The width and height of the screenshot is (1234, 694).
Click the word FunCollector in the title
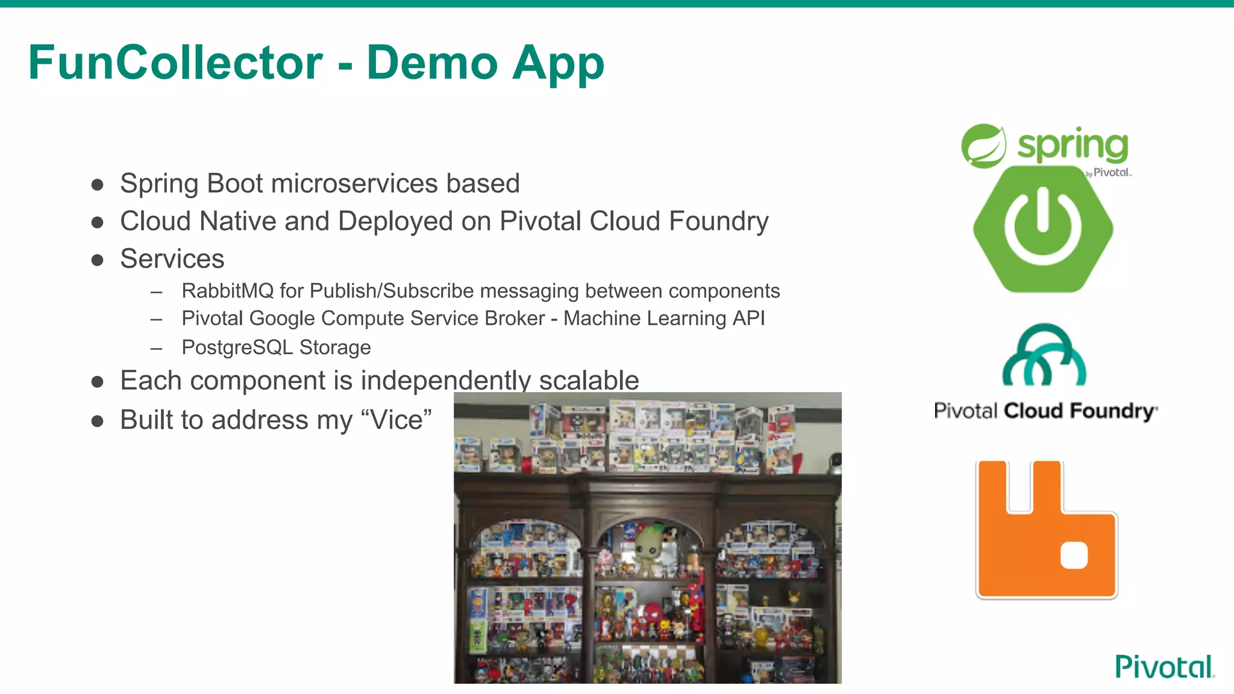(x=175, y=63)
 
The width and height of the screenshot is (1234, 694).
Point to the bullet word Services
(x=172, y=259)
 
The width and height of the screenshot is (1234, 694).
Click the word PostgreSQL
(x=237, y=348)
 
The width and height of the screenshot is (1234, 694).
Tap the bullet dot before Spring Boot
(x=98, y=184)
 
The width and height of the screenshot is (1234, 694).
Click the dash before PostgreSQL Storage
(x=157, y=348)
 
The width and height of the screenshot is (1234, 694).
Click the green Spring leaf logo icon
(x=983, y=146)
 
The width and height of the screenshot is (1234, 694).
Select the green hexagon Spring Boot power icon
(x=1043, y=229)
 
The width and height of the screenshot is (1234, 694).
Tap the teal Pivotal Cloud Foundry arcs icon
(x=1044, y=355)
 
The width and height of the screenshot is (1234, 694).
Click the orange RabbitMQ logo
(x=1047, y=530)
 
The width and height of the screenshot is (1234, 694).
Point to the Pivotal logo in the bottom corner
(x=1164, y=667)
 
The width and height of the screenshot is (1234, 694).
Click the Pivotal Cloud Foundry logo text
(x=1045, y=411)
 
